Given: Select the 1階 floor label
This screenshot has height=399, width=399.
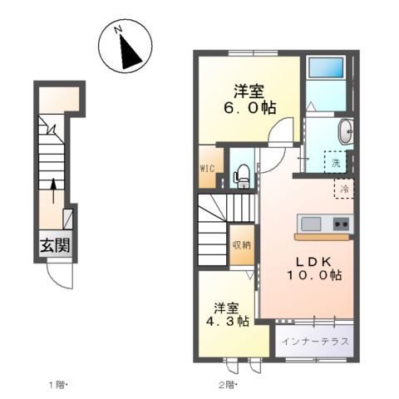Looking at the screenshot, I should [57, 384].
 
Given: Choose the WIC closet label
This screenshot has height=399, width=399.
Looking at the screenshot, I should [207, 167].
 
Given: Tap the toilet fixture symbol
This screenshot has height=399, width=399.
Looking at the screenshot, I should [242, 174].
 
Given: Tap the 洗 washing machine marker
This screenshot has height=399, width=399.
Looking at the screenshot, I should [336, 164].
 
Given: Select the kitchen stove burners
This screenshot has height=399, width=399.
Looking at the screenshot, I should [341, 224].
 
